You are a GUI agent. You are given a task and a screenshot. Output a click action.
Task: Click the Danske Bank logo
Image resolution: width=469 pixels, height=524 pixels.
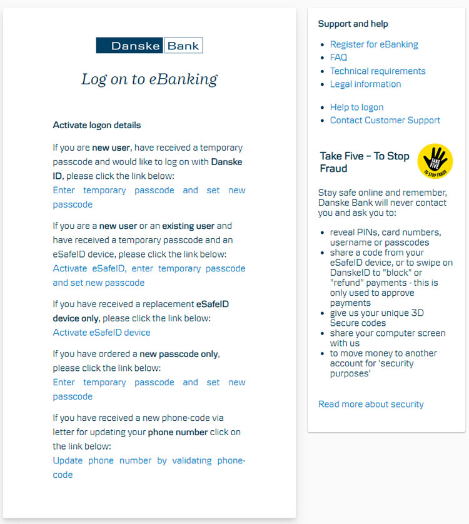tap(149, 46)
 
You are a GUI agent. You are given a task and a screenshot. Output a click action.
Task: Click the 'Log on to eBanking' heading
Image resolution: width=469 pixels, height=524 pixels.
tap(149, 79)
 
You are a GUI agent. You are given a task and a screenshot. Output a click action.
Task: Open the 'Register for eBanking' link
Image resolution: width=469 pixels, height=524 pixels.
tap(374, 44)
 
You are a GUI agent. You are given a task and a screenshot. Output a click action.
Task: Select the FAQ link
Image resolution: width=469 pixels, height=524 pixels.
tap(338, 58)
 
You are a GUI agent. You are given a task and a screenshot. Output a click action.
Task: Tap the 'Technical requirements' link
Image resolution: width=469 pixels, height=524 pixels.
tap(378, 71)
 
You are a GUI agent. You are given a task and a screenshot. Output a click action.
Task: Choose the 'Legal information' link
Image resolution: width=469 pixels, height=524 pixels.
tap(365, 84)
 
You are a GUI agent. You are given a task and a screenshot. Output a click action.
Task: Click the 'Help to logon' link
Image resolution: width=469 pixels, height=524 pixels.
tap(356, 108)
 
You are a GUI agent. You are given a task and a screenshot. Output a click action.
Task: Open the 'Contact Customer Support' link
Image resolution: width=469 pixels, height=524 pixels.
tap(385, 121)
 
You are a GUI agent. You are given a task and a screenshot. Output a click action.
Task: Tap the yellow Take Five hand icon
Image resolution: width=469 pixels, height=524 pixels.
tap(435, 161)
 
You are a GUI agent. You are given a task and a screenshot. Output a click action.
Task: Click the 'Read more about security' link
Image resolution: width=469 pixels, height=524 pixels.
tap(371, 405)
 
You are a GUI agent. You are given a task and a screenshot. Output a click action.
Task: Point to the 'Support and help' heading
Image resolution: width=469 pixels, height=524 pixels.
tap(353, 24)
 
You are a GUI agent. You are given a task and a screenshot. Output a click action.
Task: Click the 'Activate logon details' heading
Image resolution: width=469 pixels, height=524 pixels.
tap(97, 125)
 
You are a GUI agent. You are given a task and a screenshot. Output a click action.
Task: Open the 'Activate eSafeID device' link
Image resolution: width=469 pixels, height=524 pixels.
tap(101, 333)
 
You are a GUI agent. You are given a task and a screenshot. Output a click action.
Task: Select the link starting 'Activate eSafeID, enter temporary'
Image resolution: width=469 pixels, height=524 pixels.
tap(149, 269)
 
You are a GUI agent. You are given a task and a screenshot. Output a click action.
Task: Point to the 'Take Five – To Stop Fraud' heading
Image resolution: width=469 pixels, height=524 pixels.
tap(365, 162)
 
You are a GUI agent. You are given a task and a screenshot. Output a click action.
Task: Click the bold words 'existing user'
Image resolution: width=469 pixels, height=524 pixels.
tap(188, 226)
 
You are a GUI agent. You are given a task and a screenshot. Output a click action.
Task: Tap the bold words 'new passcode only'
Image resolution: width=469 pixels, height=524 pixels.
tap(179, 354)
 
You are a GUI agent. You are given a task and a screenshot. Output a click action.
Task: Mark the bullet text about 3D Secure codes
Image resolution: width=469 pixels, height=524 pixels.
tap(376, 318)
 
